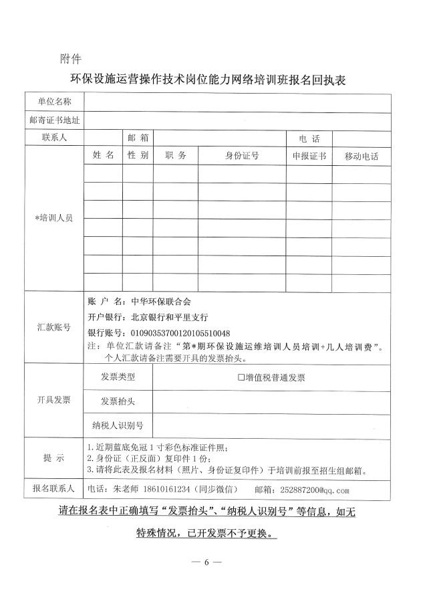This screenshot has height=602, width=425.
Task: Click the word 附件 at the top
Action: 70,58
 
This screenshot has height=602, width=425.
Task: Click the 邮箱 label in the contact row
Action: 137,138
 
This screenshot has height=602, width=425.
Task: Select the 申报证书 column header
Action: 309,156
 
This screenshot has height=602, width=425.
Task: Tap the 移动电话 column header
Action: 362,157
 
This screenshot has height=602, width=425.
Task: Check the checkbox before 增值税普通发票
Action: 241,378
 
